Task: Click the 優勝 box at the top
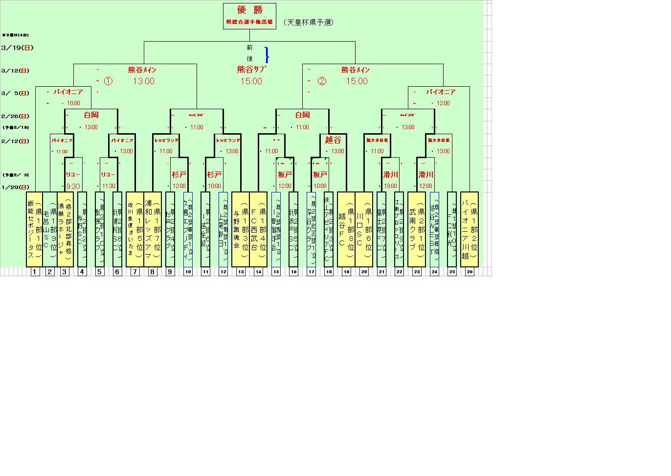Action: (249, 16)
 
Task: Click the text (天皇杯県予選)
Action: (308, 22)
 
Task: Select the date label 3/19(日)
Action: (18, 48)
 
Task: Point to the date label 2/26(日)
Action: (15, 116)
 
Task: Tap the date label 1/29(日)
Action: (15, 187)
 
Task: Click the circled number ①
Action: (108, 81)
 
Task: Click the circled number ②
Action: (321, 81)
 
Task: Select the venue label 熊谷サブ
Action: (252, 70)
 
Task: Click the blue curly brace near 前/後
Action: (267, 54)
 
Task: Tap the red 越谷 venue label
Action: (333, 140)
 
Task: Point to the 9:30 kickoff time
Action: (73, 186)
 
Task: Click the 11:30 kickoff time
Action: (109, 186)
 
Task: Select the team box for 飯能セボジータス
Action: (34, 229)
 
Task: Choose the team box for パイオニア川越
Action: (470, 229)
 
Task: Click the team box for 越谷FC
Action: (346, 229)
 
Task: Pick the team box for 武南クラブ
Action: (417, 229)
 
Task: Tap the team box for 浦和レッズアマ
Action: (153, 229)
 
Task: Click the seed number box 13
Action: (241, 272)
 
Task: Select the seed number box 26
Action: (470, 272)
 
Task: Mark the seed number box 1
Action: (35, 272)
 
